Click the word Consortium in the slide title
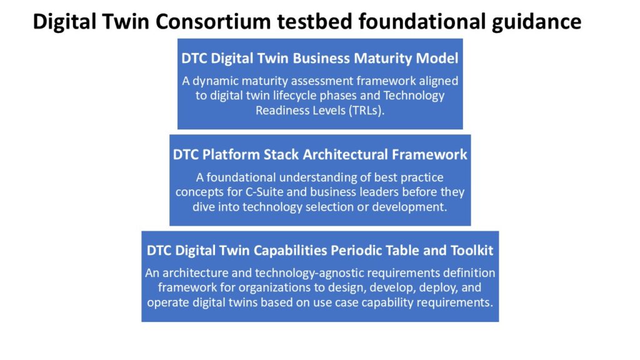click(212, 22)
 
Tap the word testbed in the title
click(314, 22)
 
